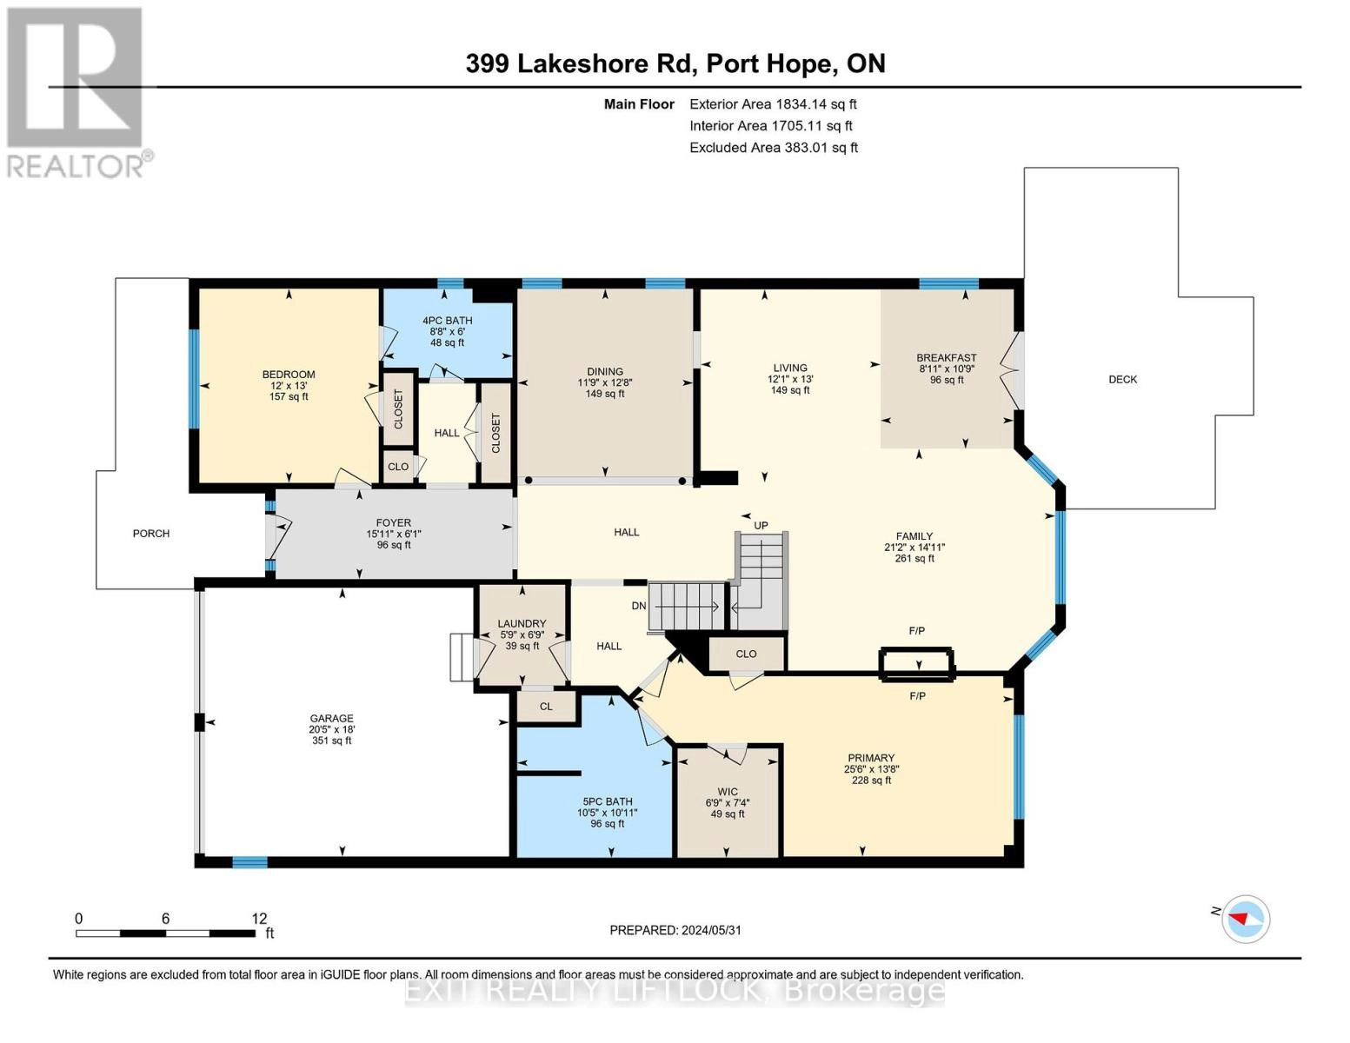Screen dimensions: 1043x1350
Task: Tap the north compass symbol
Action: click(x=1246, y=919)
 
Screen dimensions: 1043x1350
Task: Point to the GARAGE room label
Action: click(x=331, y=718)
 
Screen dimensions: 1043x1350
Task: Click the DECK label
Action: click(x=1122, y=379)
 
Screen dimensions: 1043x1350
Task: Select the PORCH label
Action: click(x=151, y=533)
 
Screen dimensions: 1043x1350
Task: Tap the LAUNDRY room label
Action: click(x=522, y=623)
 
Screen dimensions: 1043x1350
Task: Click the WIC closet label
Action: click(x=728, y=792)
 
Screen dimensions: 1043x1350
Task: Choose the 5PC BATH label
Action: click(x=608, y=801)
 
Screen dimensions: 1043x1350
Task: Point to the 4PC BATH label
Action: click(x=448, y=321)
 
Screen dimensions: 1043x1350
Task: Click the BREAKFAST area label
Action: click(x=946, y=357)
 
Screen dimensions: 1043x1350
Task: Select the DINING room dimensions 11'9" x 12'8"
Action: click(x=605, y=382)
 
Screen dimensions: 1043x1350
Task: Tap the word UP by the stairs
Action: click(x=761, y=525)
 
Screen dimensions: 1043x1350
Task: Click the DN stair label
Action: click(x=639, y=606)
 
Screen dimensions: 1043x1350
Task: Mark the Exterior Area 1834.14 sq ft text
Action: click(x=773, y=103)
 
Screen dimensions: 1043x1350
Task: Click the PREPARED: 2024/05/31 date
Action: click(x=675, y=930)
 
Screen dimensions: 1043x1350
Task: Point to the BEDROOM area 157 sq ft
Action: click(x=289, y=396)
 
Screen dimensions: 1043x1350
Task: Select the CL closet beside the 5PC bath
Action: click(x=546, y=707)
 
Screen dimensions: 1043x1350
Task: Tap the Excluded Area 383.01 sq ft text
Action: click(x=774, y=148)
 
